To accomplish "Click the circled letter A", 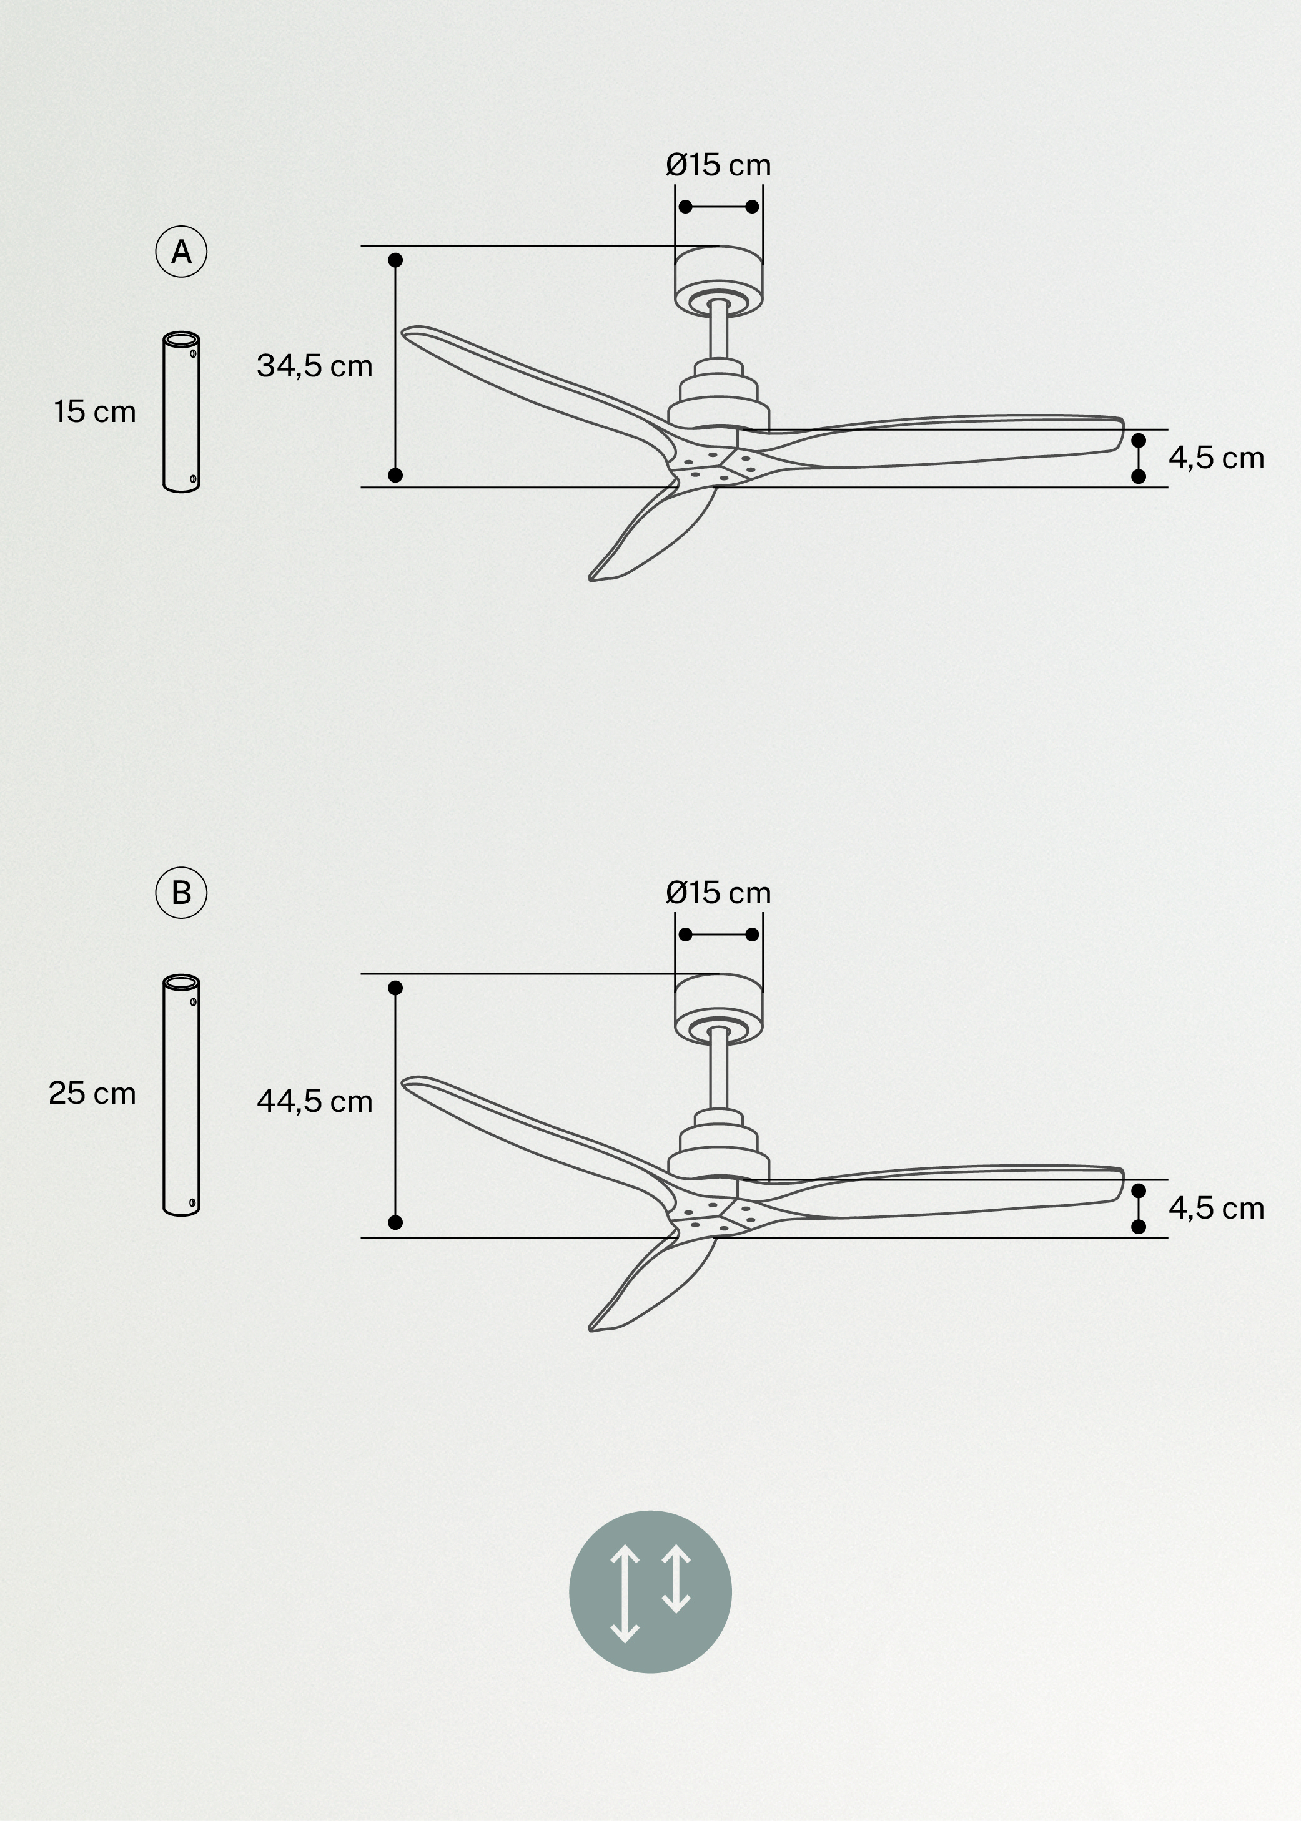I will [181, 252].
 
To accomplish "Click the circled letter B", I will [181, 892].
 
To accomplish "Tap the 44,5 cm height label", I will [314, 1102].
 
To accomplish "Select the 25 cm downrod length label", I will [92, 1093].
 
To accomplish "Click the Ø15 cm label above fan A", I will [718, 165].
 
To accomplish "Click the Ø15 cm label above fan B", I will [718, 893].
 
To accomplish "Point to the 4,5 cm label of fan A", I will [1215, 458].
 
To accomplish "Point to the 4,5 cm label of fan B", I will [1215, 1209].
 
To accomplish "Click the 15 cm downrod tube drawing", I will [181, 411].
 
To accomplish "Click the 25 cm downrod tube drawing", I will [181, 1095].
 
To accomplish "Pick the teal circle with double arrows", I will [650, 1592].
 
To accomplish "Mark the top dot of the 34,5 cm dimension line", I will [395, 260].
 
